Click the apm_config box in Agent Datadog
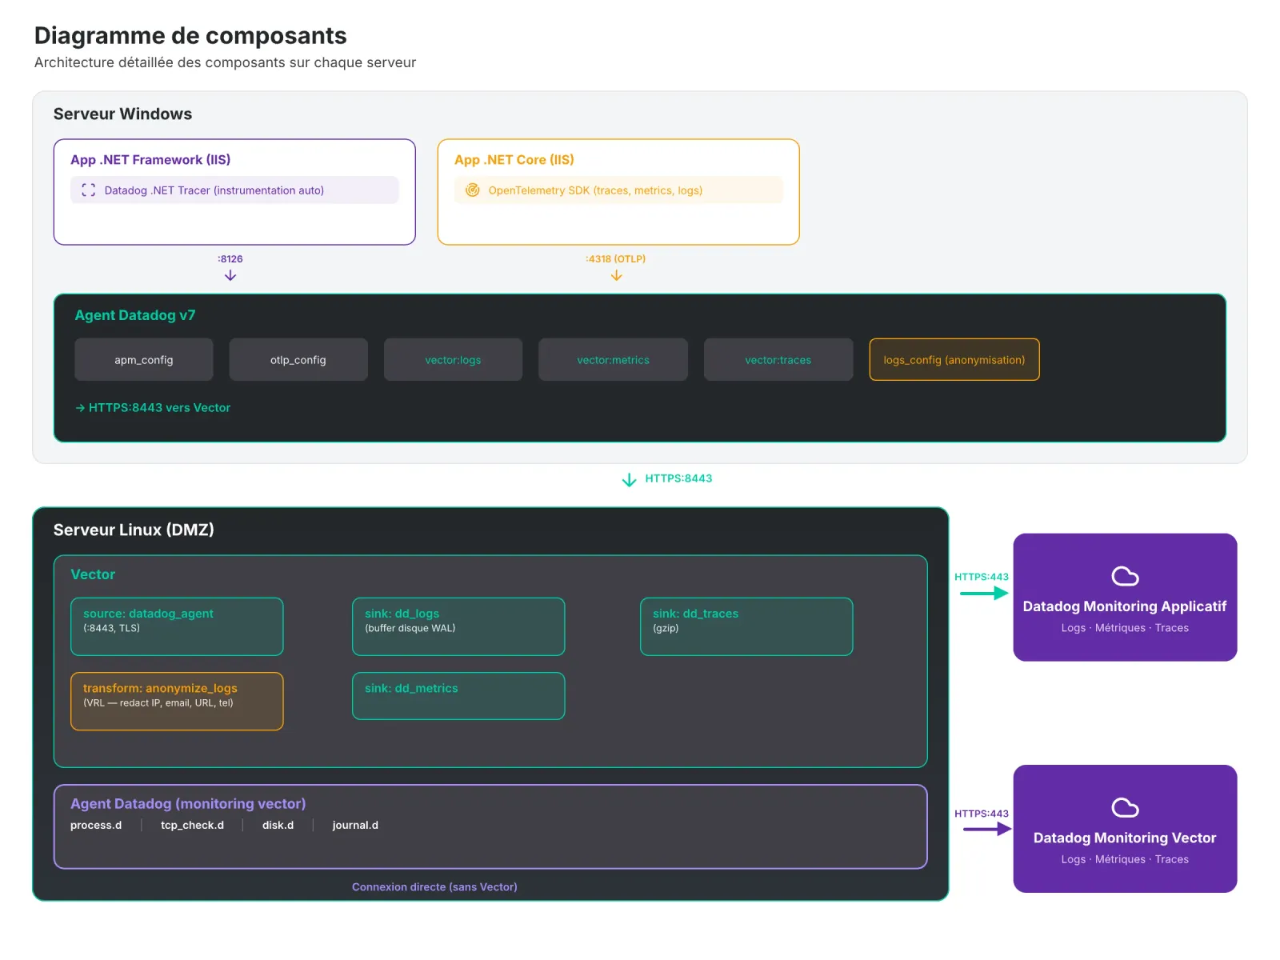pyautogui.click(x=144, y=360)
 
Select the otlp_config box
pyautogui.click(x=298, y=360)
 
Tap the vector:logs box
pyautogui.click(x=453, y=360)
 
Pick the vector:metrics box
pyautogui.click(x=613, y=360)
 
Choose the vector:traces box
pyautogui.click(x=778, y=360)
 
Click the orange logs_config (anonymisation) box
pyautogui.click(x=954, y=360)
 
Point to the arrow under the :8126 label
pyautogui.click(x=230, y=275)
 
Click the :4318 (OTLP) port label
pyautogui.click(x=615, y=259)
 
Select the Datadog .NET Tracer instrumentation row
pyautogui.click(x=234, y=190)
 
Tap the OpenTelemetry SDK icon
pyautogui.click(x=473, y=190)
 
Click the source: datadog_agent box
pyautogui.click(x=177, y=626)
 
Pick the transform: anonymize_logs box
pyautogui.click(x=177, y=701)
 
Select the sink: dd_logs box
pyautogui.click(x=458, y=626)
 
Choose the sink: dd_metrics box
pyautogui.click(x=458, y=696)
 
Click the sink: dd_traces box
pyautogui.click(x=746, y=626)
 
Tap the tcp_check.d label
pyautogui.click(x=192, y=826)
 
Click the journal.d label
pyautogui.click(x=355, y=826)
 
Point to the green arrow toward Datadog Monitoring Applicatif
pyautogui.click(x=983, y=594)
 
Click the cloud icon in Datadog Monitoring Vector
pyautogui.click(x=1125, y=808)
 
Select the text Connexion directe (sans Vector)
pyautogui.click(x=434, y=887)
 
